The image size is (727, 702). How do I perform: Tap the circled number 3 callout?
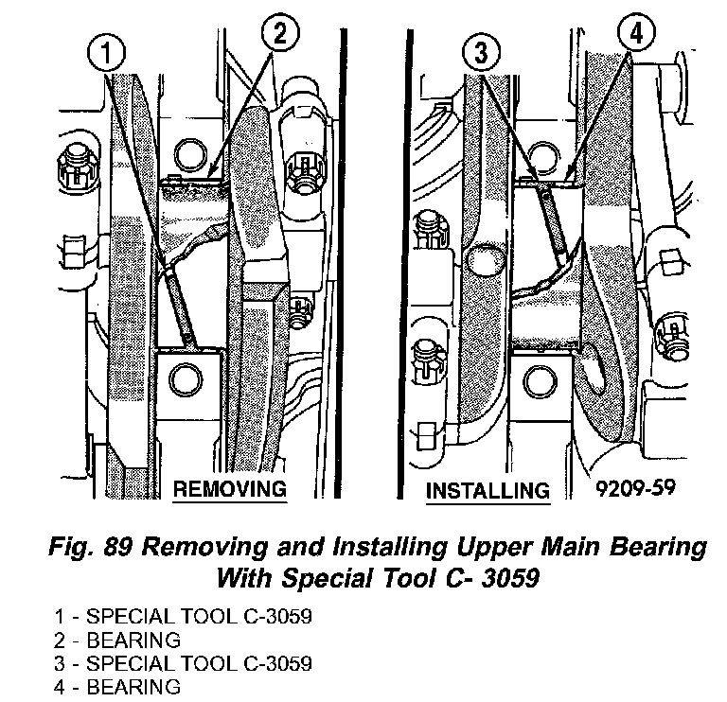[x=481, y=53]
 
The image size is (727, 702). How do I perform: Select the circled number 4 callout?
[x=635, y=35]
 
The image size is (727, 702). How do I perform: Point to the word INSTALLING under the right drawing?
[x=488, y=492]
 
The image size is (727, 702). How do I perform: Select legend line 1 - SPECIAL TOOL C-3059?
[x=183, y=617]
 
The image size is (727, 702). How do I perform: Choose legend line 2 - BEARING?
[x=116, y=640]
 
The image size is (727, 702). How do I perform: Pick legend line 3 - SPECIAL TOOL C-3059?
[x=183, y=662]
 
